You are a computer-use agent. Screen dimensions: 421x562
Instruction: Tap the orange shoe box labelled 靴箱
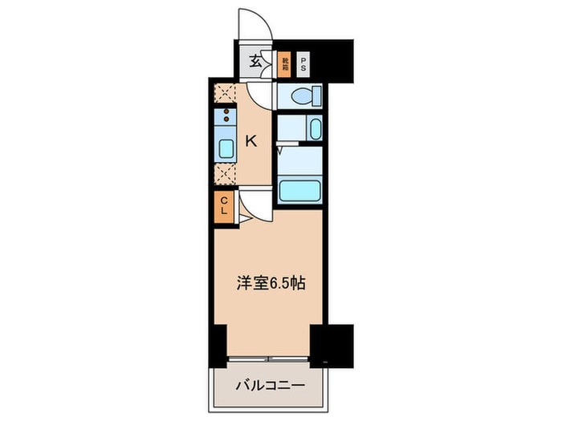pos(285,63)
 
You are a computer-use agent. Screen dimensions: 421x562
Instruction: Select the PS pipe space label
pos(303,63)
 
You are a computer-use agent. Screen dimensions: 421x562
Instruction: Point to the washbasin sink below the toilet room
pos(314,128)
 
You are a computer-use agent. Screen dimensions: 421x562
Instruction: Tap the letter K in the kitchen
pos(251,142)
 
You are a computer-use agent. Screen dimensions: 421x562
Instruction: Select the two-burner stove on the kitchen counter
pos(226,116)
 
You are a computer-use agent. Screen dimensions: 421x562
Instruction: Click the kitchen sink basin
pos(226,148)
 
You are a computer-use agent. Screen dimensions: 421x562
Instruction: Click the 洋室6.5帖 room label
pos(267,283)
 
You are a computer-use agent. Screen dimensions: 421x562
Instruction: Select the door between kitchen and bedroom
pos(255,210)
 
